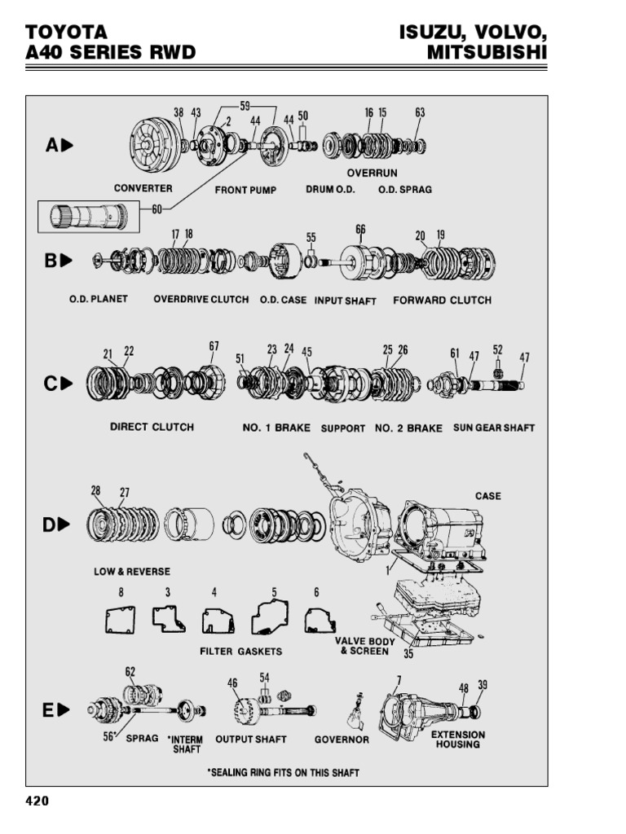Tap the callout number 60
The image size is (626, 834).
(x=156, y=208)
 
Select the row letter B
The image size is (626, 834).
(x=51, y=261)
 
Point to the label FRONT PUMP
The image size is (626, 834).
(x=246, y=190)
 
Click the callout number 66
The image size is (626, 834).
(x=360, y=230)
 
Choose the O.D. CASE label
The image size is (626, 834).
(x=283, y=300)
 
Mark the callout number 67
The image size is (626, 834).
(x=214, y=346)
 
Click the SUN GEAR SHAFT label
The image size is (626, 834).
(x=494, y=428)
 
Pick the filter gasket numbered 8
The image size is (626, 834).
(x=121, y=621)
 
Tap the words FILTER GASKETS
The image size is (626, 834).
(x=241, y=652)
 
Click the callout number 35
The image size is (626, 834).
(x=408, y=653)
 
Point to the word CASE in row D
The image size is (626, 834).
(x=487, y=496)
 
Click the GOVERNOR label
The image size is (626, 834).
(x=342, y=740)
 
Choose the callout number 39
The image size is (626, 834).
(x=483, y=685)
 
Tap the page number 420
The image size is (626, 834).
(x=37, y=801)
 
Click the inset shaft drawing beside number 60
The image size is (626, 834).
(x=84, y=217)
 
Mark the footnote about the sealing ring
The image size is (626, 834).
(x=283, y=772)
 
